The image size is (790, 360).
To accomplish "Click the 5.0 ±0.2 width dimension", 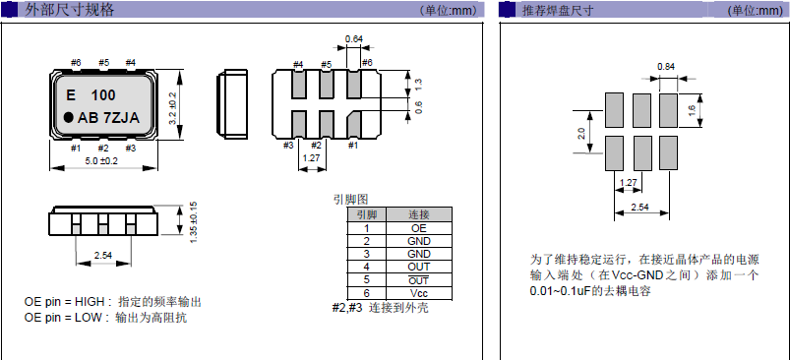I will (x=101, y=160).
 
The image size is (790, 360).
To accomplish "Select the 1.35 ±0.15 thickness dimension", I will (x=194, y=223).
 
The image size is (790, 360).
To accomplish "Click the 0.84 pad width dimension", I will (x=666, y=67).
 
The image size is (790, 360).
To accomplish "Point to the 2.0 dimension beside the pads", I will (x=581, y=132).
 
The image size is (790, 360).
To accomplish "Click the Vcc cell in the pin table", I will (x=418, y=293).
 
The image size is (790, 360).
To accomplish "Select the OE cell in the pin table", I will (x=418, y=228).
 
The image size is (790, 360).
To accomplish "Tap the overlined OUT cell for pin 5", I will (x=418, y=280).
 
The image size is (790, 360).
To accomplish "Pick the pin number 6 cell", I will (x=365, y=293).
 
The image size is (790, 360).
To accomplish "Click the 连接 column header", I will (x=418, y=214).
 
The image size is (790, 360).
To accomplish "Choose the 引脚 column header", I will (x=365, y=214).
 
